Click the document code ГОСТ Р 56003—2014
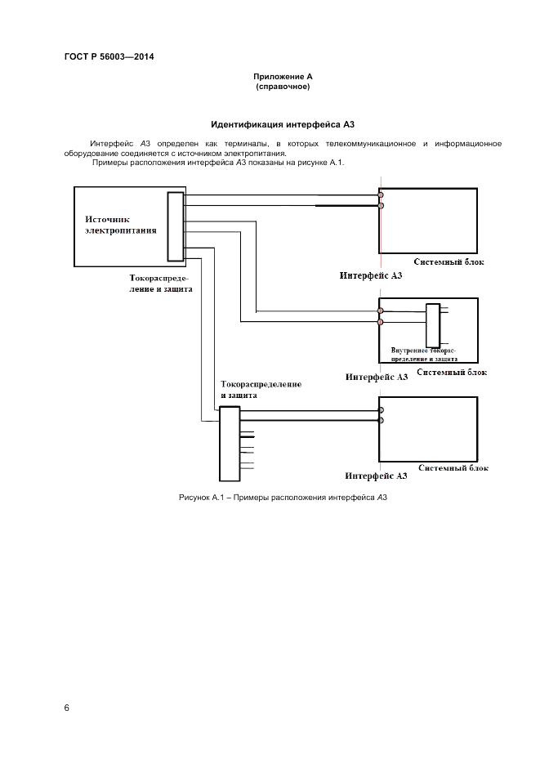(109, 56)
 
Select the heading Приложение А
(283, 76)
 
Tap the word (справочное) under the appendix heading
(283, 86)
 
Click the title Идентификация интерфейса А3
(282, 125)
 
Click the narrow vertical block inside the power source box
(175, 226)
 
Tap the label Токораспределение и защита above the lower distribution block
(261, 389)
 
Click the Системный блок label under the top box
(449, 263)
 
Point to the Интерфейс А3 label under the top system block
(371, 276)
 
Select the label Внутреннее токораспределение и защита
(423, 354)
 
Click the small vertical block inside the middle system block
(432, 325)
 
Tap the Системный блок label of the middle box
(452, 373)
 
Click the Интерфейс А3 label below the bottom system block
(376, 475)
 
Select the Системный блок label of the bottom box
(453, 468)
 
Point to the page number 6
(67, 707)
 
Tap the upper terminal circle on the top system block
(381, 194)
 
